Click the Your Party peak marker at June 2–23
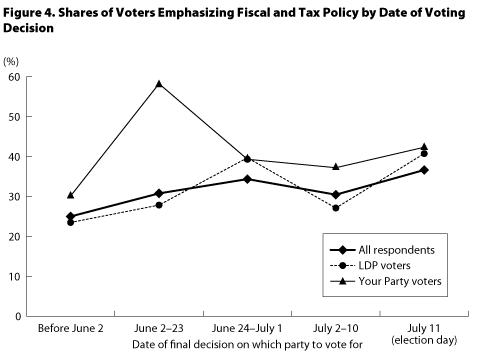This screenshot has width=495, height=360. click(158, 83)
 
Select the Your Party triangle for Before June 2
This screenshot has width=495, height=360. click(70, 195)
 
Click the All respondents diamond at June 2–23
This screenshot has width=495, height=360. click(158, 193)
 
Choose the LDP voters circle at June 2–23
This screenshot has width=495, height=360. click(158, 205)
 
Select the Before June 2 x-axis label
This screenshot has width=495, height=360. click(70, 328)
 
